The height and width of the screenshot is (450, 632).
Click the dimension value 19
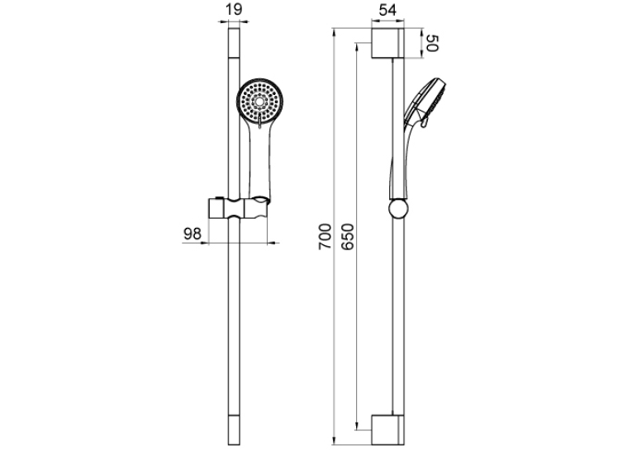[234, 9]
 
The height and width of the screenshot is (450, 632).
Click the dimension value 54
[387, 10]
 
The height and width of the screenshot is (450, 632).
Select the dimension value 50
[431, 43]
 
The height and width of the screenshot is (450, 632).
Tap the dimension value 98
[192, 234]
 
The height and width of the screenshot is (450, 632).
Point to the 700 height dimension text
[325, 236]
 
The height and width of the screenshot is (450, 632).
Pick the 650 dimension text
[348, 236]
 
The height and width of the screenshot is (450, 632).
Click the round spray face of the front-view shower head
[259, 101]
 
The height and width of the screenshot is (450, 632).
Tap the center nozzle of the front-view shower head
[259, 101]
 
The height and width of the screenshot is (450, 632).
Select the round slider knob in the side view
[399, 209]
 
